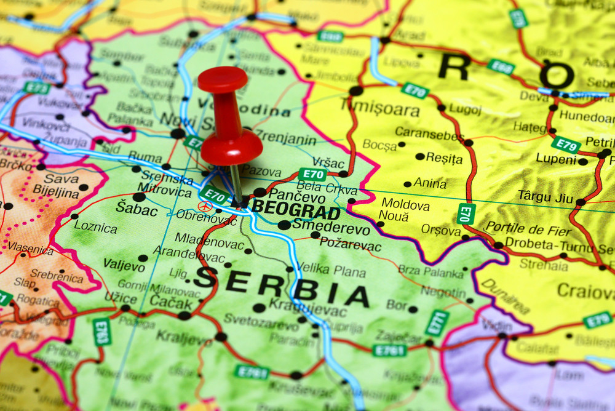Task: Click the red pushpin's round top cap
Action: coord(223,79)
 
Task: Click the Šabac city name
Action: coord(132,207)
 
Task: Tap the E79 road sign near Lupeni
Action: coord(565,145)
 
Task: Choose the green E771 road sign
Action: coord(437,322)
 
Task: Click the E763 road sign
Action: coord(101,332)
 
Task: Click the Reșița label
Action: coord(444,159)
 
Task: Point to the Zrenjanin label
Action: coord(285,138)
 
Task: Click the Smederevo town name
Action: coord(331,229)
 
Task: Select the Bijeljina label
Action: coord(56,193)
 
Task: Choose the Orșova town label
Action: coord(441,230)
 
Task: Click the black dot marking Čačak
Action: coord(184,316)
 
